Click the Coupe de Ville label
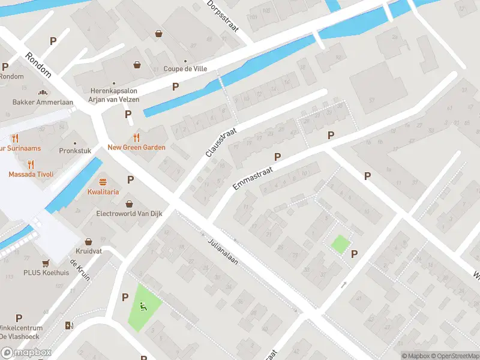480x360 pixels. point(185,68)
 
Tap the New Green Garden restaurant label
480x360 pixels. point(136,147)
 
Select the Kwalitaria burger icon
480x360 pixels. point(103,181)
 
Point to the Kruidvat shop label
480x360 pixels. point(88,251)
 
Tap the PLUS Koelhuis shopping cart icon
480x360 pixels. point(46,263)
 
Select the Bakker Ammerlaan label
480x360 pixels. point(43,102)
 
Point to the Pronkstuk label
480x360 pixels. point(75,151)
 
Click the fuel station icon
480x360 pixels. point(69,326)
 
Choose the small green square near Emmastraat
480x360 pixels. point(341,244)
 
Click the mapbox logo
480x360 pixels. point(26,353)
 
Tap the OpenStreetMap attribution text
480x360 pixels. point(454,356)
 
